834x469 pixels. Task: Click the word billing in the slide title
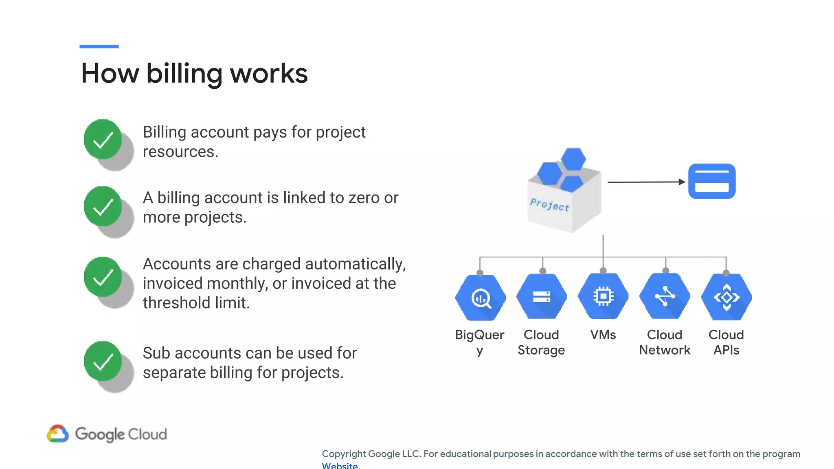[184, 74]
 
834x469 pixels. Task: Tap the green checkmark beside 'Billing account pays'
[103, 139]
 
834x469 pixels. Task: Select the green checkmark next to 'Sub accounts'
[103, 361]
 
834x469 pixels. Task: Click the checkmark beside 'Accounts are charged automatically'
[103, 277]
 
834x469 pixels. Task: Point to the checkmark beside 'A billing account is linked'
[103, 206]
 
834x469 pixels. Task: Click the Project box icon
[564, 191]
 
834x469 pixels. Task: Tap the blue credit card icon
[712, 182]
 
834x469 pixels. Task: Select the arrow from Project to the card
[646, 182]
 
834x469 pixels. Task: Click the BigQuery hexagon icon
[481, 298]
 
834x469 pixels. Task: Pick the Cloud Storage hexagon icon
[542, 296]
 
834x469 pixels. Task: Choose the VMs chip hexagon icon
[603, 296]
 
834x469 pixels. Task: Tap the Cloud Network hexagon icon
[665, 296]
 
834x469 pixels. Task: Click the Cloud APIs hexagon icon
[726, 297]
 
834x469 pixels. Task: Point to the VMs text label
[603, 335]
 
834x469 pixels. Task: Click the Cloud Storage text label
[541, 342]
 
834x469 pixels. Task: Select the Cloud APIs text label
[726, 342]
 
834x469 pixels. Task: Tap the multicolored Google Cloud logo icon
[58, 434]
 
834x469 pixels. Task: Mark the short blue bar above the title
[99, 46]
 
